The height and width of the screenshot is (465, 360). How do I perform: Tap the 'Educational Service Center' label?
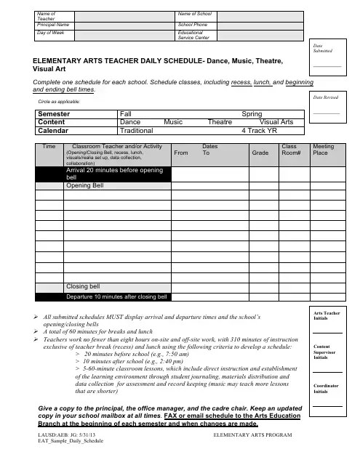pos(194,36)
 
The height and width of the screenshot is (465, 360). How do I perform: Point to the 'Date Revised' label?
pos(326,96)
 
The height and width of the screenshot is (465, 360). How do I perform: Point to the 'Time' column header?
pos(49,147)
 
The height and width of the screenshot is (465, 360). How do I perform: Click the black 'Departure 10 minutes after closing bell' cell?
pos(117,296)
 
